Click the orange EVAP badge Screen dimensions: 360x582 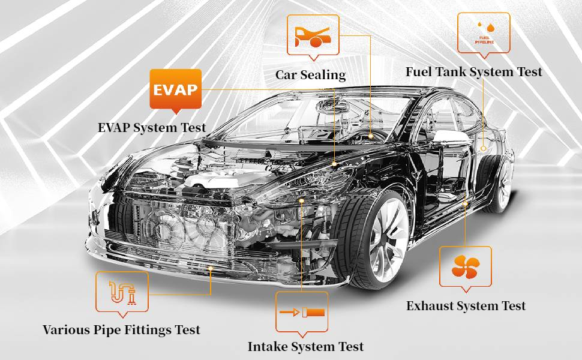pos(175,89)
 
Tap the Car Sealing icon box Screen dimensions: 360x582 pos(313,35)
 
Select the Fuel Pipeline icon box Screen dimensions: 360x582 pos(483,33)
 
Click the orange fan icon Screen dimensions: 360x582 pos(466,266)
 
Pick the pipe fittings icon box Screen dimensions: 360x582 pos(122,292)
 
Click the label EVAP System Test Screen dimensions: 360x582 pos(152,127)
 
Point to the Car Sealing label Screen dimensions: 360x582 pos(310,75)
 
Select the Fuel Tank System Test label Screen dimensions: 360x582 pos(473,72)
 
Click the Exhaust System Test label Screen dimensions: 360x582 pos(466,306)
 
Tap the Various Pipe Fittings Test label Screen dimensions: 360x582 pos(121,329)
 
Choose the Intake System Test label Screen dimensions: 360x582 pos(305,347)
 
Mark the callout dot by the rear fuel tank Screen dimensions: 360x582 pos(483,147)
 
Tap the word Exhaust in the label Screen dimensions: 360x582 pos(430,306)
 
